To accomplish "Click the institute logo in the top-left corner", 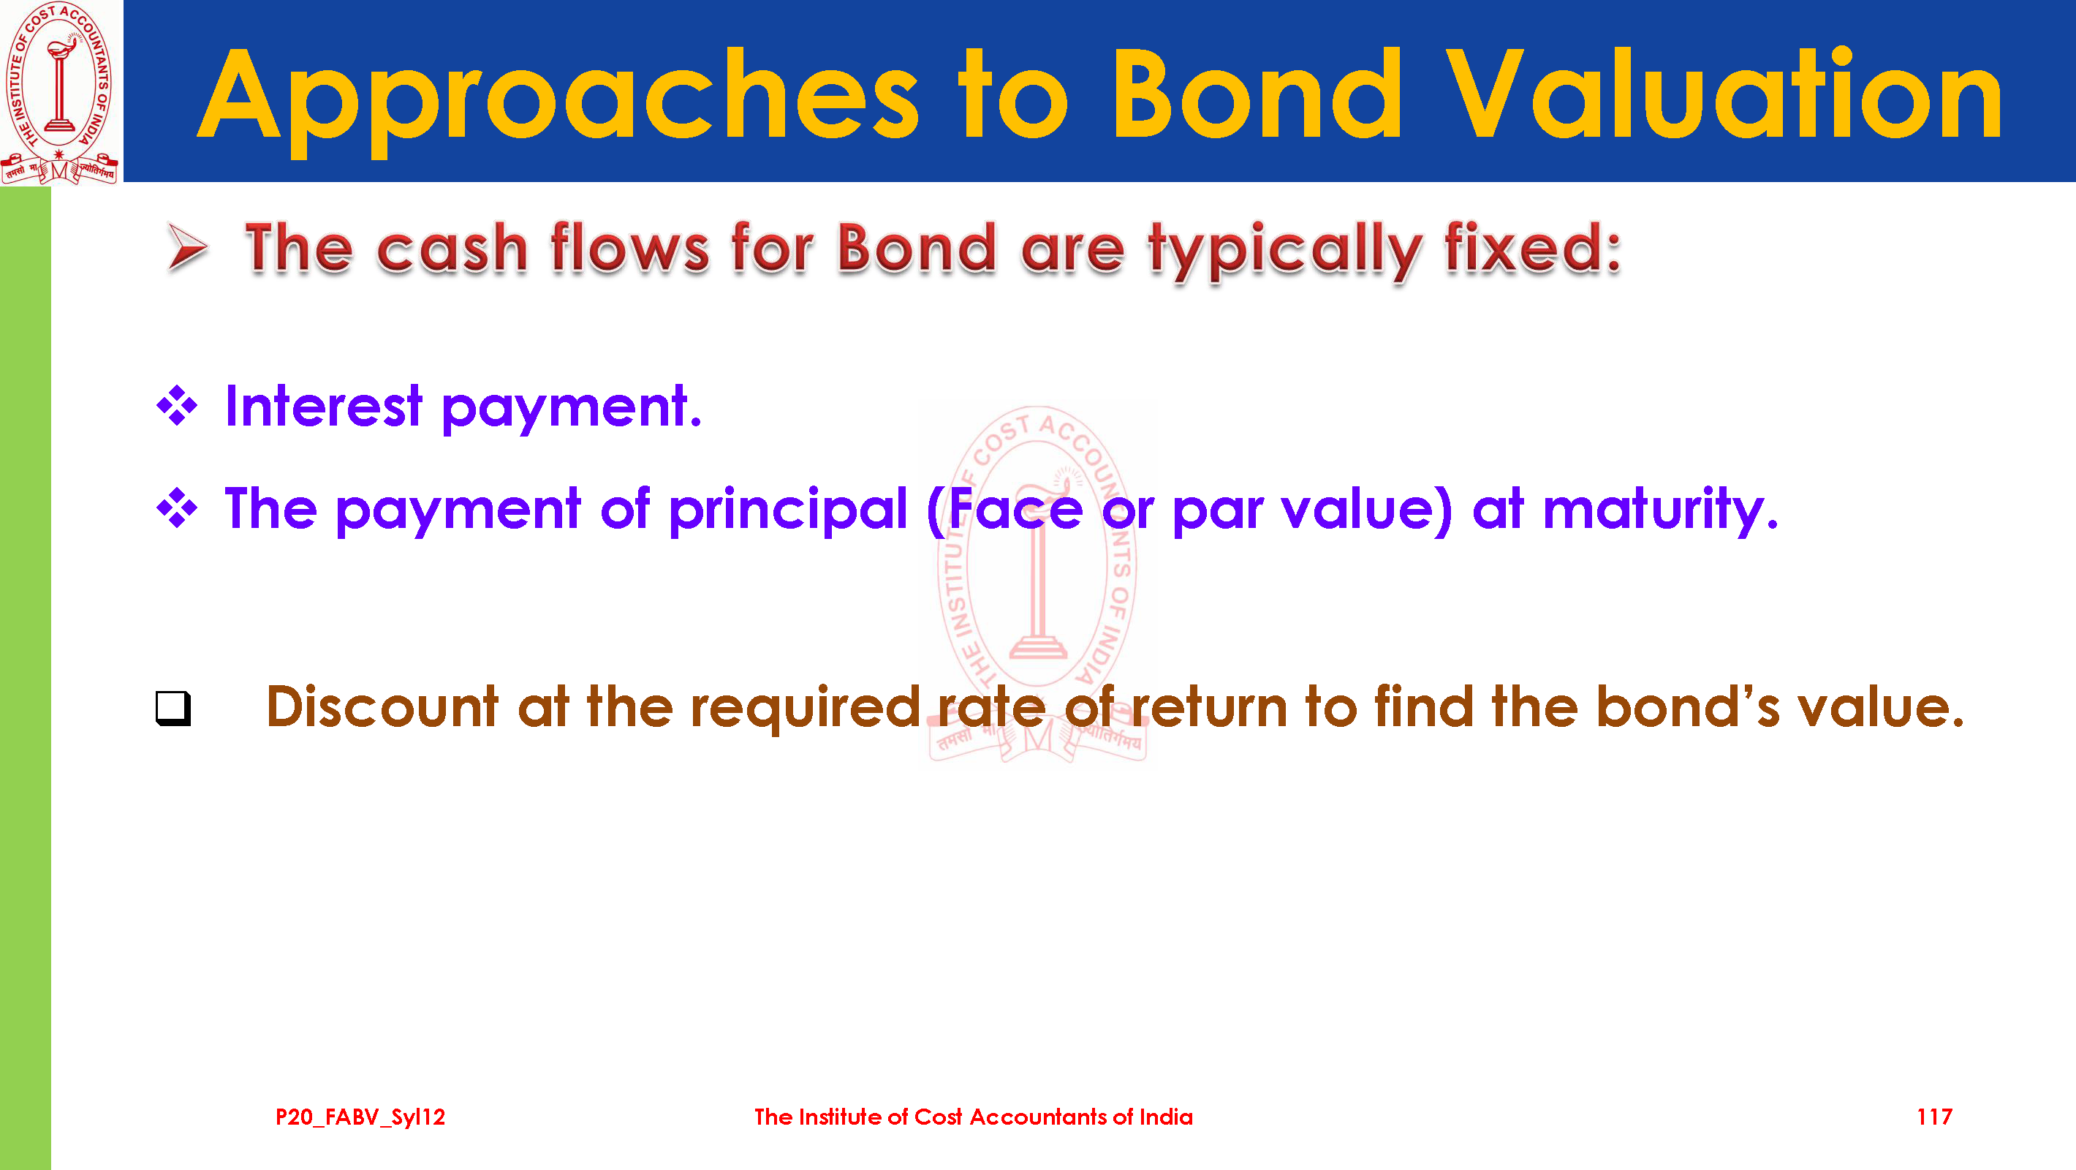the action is pos(61,92).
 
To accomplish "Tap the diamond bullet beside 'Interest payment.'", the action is pos(178,406).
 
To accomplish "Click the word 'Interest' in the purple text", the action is pos(323,406).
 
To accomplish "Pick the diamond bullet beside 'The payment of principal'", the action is pos(178,508).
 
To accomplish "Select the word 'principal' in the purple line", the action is pos(788,510).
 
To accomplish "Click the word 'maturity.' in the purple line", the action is pos(1660,510).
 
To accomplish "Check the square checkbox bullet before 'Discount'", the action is pos(173,709).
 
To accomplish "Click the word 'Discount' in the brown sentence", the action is pos(382,706).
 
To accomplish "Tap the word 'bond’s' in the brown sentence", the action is pos(1688,706).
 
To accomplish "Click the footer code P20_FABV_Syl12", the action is pos(360,1117).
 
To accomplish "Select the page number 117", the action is pos(1934,1117).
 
